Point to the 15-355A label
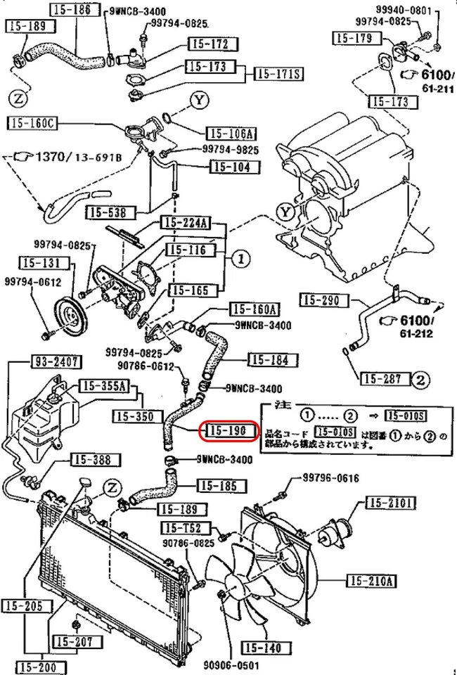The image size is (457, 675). click(x=104, y=385)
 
